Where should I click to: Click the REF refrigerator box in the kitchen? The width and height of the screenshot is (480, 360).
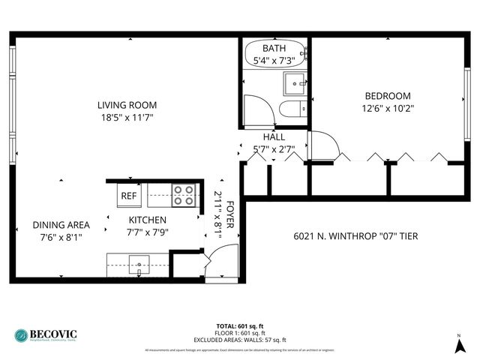[x=128, y=196]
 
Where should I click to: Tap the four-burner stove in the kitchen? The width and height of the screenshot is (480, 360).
[x=184, y=195]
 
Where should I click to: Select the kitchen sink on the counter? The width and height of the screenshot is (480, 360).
[x=139, y=263]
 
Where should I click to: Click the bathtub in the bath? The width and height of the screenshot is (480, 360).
[x=274, y=55]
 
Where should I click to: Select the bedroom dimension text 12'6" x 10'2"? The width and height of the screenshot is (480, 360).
[x=388, y=108]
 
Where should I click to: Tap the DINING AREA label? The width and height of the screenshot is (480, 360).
[x=61, y=225]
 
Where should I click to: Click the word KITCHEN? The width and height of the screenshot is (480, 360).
[x=146, y=220]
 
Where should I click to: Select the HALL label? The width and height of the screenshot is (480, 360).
[x=274, y=138]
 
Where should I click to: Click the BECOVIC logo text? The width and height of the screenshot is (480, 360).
[x=55, y=333]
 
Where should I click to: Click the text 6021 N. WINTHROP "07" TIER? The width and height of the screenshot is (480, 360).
[x=355, y=236]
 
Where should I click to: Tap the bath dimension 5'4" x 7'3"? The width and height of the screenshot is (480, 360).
[x=274, y=60]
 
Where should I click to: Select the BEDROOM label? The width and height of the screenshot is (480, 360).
[x=388, y=96]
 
